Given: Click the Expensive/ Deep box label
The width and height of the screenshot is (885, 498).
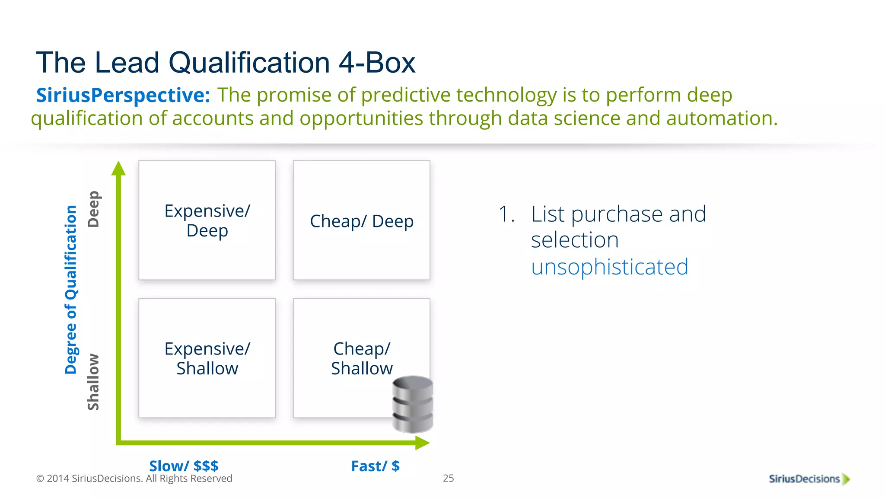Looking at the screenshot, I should coord(207,220).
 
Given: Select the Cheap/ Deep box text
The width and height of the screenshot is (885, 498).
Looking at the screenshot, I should coord(362,221).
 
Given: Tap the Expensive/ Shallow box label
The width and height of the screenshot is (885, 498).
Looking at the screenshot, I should coord(207,358).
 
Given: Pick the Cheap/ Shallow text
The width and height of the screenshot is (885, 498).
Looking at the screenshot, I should coord(362,358).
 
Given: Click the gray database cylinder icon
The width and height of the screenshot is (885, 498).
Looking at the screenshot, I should coord(413,404).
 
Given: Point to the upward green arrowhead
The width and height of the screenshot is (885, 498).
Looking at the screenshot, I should coord(118,169).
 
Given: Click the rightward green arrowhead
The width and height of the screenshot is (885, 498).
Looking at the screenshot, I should coord(422,443).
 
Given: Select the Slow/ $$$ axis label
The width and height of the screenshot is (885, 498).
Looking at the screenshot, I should coord(184,466).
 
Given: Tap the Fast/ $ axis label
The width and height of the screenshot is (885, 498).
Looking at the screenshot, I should coord(375,466).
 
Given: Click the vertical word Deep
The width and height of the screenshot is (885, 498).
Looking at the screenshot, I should coord(93,209).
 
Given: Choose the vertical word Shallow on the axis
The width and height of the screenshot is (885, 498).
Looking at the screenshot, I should coord(93,382).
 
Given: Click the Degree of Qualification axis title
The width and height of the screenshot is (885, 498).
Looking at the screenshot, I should coord(71,290).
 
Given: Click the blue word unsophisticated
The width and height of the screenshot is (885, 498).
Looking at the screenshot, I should coord(609,267).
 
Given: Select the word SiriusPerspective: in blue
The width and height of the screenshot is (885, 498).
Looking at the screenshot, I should coord(123,95).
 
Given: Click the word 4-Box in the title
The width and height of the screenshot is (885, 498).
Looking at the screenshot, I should coord(376,63).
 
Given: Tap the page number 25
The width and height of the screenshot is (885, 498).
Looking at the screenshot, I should coord(449,478).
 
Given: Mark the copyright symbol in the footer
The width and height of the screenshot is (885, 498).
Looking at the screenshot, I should coord(40,479).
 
